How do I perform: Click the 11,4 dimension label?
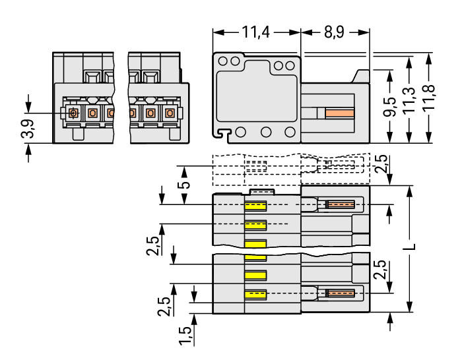click(x=255, y=32)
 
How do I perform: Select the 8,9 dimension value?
click(x=334, y=32)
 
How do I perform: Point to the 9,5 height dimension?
click(x=390, y=107)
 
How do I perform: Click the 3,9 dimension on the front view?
click(x=28, y=129)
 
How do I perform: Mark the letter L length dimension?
click(x=409, y=247)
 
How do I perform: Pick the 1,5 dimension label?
click(x=185, y=336)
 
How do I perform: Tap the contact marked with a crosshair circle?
click(x=73, y=113)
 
